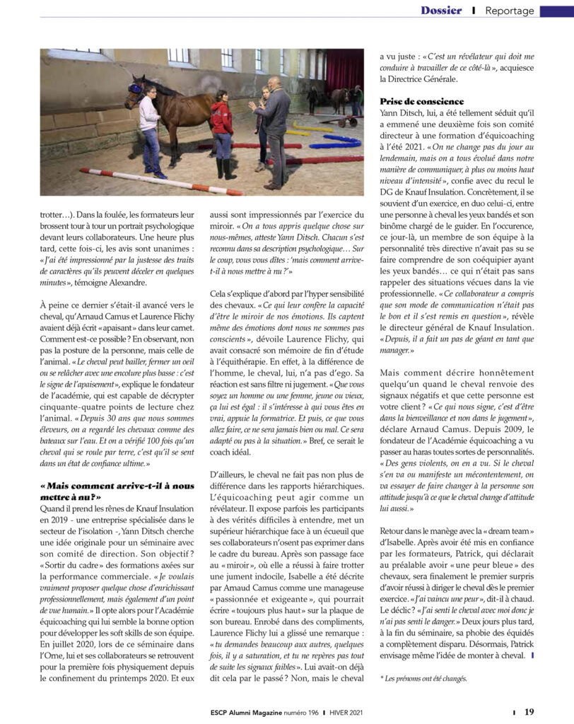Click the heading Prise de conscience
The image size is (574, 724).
(422, 101)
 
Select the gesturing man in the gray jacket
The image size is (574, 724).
(274, 127)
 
